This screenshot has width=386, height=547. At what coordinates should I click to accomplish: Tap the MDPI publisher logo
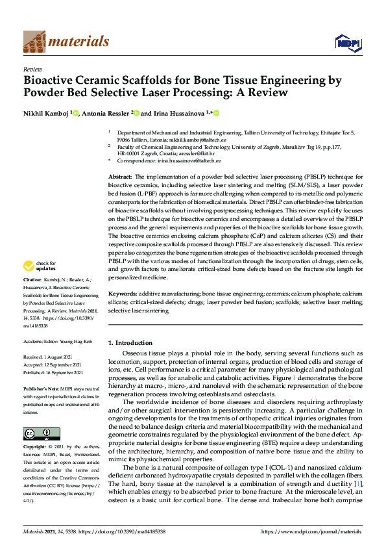[x=348, y=43]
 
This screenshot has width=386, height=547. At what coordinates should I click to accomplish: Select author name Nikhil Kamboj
[x=47, y=114]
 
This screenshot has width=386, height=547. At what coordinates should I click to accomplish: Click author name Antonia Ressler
[x=107, y=114]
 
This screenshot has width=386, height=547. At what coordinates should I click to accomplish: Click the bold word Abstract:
[x=120, y=177]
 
